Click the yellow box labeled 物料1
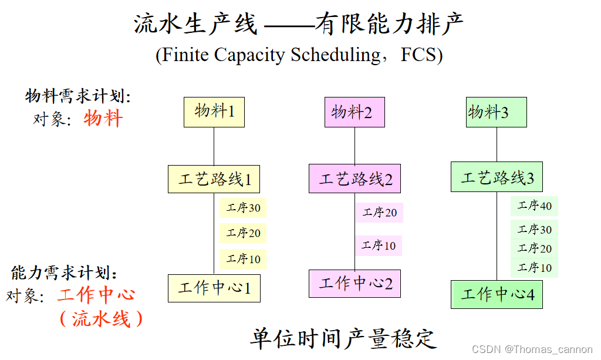(x=214, y=112)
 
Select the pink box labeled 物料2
(x=354, y=112)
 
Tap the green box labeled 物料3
(x=497, y=112)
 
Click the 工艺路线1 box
(x=214, y=179)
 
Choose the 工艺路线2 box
(x=354, y=179)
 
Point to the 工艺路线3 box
(x=497, y=177)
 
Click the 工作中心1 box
(x=214, y=288)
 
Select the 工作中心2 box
(x=354, y=284)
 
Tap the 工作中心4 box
(x=497, y=295)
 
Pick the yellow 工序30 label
(x=243, y=208)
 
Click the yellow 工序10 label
(x=243, y=258)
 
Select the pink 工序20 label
(x=379, y=212)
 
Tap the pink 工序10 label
(x=379, y=245)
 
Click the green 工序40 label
(x=534, y=206)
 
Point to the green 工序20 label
(x=534, y=248)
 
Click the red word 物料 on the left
(x=103, y=118)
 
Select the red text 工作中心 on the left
(x=96, y=295)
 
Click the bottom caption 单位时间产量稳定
(x=343, y=339)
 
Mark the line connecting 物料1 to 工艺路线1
(x=214, y=146)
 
